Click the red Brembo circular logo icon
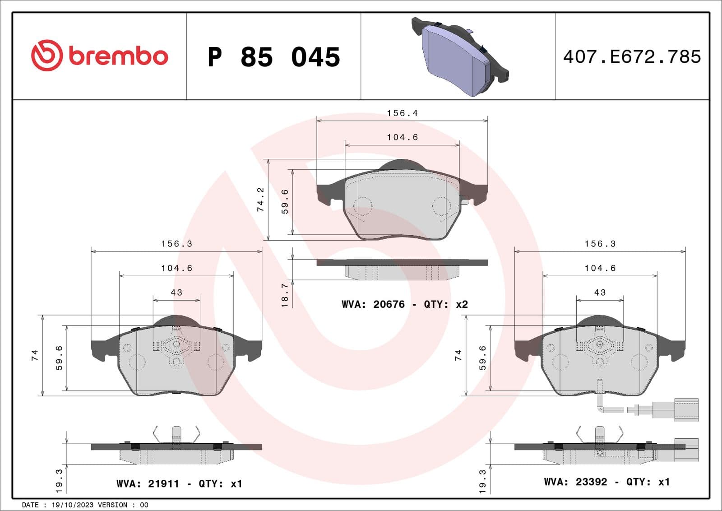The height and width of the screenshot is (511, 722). tap(46, 56)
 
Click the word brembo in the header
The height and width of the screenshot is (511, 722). tap(118, 56)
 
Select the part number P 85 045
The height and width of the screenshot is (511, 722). tap(273, 57)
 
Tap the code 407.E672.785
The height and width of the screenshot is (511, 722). tap(632, 57)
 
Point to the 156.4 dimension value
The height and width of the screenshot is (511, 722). tap(402, 113)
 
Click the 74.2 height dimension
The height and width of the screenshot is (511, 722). tap(260, 199)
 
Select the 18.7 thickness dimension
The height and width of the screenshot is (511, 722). tap(285, 295)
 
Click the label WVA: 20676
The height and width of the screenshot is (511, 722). tap(373, 304)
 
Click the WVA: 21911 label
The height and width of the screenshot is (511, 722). tap(148, 483)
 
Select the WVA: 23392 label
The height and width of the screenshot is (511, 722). tap(575, 482)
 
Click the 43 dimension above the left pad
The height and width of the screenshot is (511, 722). tap(176, 293)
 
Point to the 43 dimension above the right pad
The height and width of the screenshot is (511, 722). tap(600, 293)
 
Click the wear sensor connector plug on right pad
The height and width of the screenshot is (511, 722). tap(686, 409)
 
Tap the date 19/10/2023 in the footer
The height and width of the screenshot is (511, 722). tap(67, 505)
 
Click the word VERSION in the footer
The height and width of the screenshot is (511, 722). tap(112, 505)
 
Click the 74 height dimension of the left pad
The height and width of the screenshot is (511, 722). tap(35, 355)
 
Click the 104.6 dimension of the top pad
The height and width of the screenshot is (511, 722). tap(402, 137)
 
